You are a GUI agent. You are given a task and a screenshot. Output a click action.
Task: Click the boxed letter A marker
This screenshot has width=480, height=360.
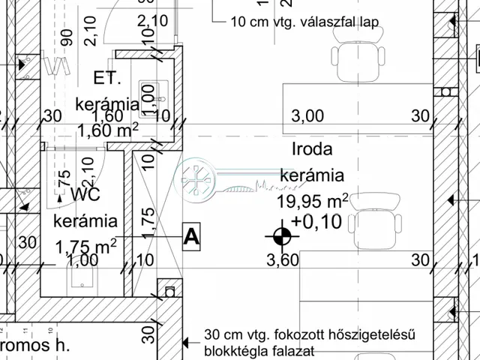(x=193, y=236)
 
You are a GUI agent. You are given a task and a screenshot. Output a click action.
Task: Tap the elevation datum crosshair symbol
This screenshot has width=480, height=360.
(x=281, y=237)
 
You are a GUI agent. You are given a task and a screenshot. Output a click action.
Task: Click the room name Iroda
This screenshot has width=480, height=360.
(x=312, y=148)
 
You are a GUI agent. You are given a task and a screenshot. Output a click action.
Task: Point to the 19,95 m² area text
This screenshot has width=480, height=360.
(x=313, y=200)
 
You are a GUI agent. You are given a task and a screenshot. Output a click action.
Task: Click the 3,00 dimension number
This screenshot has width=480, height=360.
(x=307, y=115)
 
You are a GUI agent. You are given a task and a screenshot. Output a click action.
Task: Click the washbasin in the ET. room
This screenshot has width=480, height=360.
(x=147, y=93)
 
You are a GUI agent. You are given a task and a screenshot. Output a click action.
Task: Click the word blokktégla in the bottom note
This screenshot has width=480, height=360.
(x=237, y=350)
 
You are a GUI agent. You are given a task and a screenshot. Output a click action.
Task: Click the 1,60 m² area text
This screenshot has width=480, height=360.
(x=108, y=130)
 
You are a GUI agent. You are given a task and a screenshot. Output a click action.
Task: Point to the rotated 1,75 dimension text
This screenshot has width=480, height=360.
(x=148, y=223)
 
